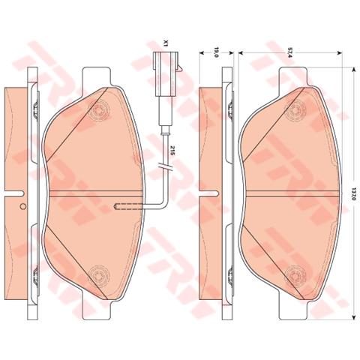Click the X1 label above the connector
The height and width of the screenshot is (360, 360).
click(165, 43)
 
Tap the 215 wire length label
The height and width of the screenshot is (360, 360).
click(172, 151)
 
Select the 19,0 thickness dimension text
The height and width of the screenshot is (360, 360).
click(217, 52)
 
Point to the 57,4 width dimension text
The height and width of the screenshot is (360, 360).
click(289, 52)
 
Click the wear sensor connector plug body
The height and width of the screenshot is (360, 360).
click(165, 73)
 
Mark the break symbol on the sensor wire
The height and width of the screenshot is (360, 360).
click(165, 166)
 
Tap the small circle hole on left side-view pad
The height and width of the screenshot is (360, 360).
click(22, 206)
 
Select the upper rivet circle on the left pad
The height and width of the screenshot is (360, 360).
click(100, 110)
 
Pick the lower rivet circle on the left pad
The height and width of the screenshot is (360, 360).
click(100, 276)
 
